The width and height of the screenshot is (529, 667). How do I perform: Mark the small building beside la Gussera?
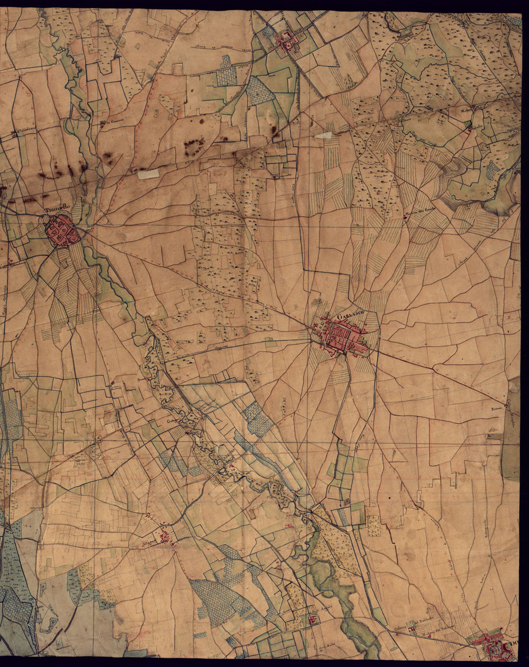pyautogui.click(x=102, y=124)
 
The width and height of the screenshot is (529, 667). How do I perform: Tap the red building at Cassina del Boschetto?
pyautogui.click(x=413, y=629)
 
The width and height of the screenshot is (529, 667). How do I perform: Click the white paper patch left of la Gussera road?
pyautogui.click(x=148, y=174)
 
